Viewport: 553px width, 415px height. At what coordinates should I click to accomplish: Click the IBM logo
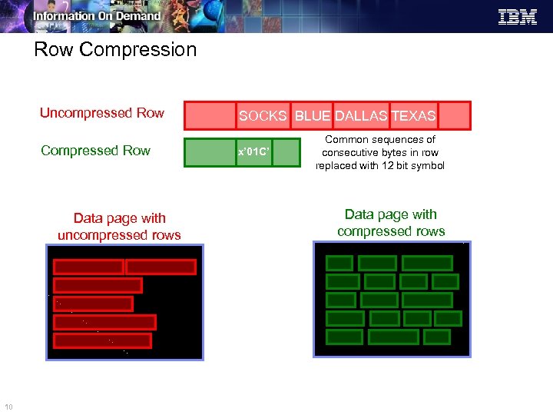(518, 17)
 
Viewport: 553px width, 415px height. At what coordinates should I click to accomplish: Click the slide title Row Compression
(115, 50)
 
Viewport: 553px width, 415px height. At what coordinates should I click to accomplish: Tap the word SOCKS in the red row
(263, 116)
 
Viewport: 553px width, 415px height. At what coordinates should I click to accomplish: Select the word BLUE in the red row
(313, 116)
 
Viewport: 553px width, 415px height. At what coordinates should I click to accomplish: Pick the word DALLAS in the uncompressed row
(361, 116)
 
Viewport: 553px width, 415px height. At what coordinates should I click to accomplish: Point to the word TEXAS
(413, 116)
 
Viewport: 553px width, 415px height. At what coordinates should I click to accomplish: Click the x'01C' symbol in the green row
(253, 152)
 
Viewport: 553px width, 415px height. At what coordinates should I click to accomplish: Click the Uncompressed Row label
(101, 113)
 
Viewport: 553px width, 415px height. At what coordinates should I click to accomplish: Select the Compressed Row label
(95, 151)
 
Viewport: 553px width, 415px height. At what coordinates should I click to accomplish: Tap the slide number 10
(8, 407)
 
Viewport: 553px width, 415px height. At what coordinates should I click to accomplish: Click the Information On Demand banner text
(97, 15)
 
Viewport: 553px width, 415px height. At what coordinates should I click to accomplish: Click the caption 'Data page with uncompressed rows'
(119, 227)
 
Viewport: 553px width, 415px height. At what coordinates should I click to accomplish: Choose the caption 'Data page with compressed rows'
(391, 223)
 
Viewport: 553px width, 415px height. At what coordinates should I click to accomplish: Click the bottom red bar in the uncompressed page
(102, 340)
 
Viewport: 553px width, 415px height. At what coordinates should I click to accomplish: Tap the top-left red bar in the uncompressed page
(88, 267)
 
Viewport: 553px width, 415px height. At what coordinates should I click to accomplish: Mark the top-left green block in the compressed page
(339, 263)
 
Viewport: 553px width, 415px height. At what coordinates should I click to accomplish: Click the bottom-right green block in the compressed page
(437, 337)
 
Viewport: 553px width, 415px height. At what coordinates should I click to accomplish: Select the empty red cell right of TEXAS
(454, 116)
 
